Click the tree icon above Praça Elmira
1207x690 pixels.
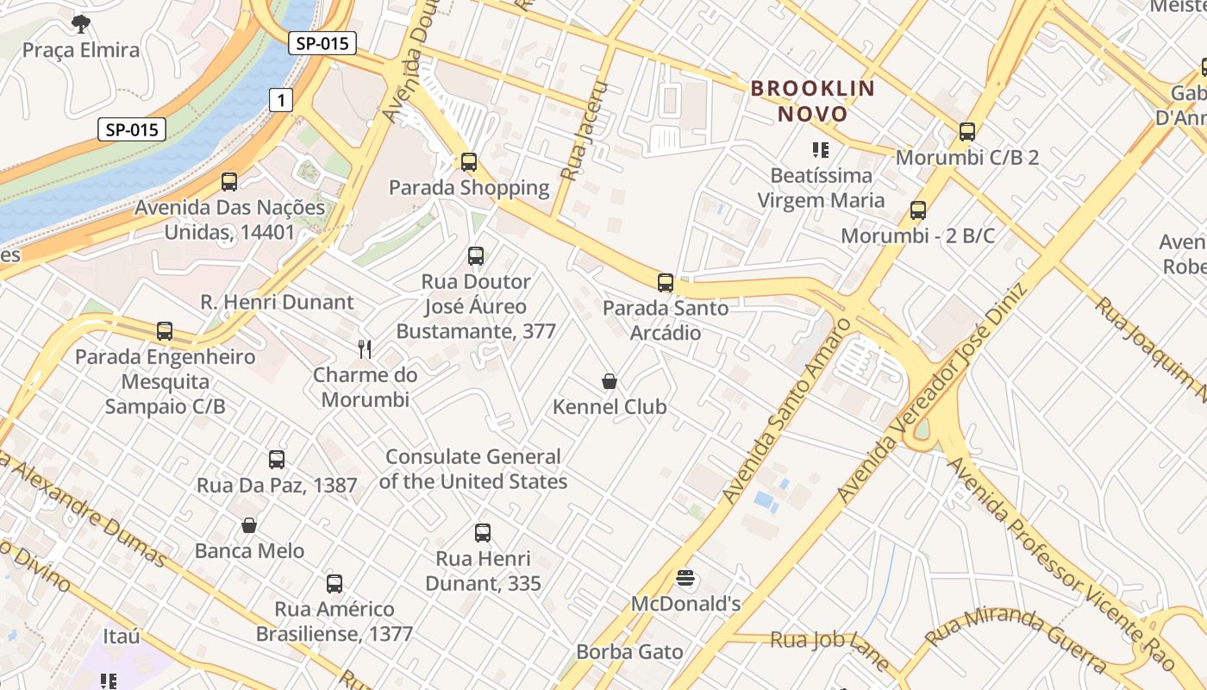[81, 23]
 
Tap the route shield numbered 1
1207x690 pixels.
[280, 101]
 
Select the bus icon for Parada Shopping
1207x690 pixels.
[469, 161]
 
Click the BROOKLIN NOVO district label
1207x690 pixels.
[813, 101]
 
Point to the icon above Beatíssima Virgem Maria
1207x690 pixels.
[821, 150]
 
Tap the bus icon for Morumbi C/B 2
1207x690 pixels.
[967, 132]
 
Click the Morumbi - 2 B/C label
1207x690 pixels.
[918, 235]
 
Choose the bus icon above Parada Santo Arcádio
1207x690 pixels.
[665, 282]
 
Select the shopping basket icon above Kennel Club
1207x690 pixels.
[610, 381]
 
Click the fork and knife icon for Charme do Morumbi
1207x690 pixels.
[365, 348]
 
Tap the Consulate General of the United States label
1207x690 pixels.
[473, 468]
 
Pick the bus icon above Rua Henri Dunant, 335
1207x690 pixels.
[483, 533]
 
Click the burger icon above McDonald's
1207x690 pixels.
[686, 578]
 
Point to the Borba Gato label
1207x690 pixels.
[629, 652]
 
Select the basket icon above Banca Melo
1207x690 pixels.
[249, 525]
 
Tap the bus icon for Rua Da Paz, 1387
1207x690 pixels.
[277, 460]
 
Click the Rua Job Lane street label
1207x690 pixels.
[829, 649]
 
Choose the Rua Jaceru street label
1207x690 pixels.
[585, 131]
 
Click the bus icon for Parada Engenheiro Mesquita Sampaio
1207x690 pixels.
[165, 330]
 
